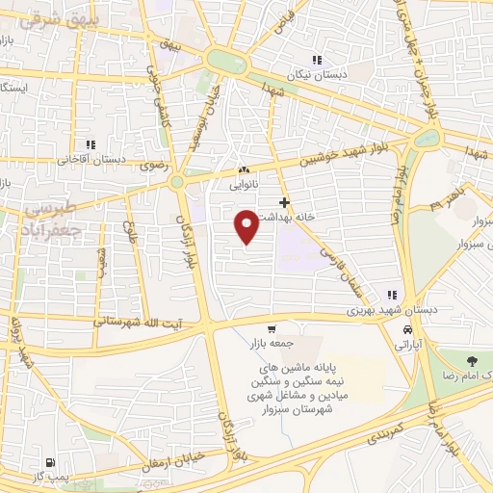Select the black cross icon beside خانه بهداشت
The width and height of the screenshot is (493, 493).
coord(284,202)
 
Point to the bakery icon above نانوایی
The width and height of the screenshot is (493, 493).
coord(243,169)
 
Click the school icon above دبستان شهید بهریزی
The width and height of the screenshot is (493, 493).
coord(391,295)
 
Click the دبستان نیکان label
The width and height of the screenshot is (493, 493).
coord(312,73)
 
